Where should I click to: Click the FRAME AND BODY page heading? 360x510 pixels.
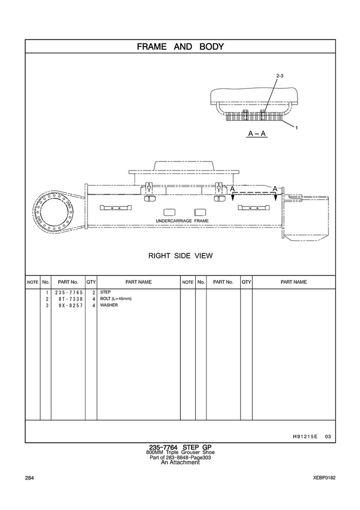click(180, 46)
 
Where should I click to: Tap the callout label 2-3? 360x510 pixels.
click(280, 76)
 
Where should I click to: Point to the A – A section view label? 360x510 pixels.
click(258, 133)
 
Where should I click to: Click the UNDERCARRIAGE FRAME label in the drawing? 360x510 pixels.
click(182, 221)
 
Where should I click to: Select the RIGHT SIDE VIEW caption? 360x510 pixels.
click(180, 256)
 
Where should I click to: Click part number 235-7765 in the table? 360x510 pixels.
click(69, 293)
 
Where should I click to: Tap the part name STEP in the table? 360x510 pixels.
click(105, 292)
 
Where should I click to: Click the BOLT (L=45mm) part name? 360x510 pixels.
click(116, 299)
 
